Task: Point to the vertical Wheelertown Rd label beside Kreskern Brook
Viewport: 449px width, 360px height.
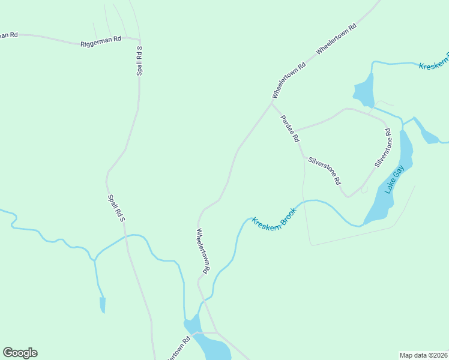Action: [202, 251]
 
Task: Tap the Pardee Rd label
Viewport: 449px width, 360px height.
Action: [290, 128]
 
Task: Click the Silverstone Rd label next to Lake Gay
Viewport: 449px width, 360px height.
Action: [383, 148]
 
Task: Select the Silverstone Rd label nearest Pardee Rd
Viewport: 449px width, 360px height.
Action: [325, 170]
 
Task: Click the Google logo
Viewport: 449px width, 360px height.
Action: [20, 353]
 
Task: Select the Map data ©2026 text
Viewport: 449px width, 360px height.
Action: [423, 355]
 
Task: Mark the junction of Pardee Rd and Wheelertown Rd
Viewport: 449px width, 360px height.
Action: [272, 103]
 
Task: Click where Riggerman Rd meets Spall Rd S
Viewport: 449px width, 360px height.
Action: [139, 40]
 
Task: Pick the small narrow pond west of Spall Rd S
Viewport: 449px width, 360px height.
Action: [103, 304]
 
